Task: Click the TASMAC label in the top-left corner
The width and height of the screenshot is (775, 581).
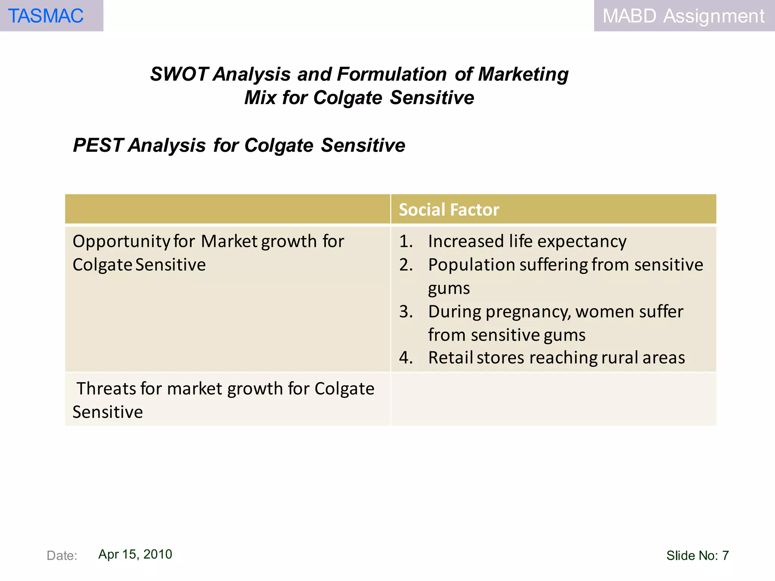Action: (x=45, y=16)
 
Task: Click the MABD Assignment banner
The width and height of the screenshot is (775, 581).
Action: (x=683, y=16)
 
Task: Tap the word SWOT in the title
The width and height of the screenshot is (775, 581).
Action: (x=179, y=74)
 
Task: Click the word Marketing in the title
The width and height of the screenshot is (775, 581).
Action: (x=523, y=74)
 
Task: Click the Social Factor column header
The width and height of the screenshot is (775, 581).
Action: (x=449, y=210)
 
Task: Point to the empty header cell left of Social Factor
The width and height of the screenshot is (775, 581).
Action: (x=227, y=209)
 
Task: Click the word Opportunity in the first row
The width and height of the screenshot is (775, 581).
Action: (x=121, y=241)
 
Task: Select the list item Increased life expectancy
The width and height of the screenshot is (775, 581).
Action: (x=527, y=241)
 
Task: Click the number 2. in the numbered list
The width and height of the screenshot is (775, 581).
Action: (x=406, y=265)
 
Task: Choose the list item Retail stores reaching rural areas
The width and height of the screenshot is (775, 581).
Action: (x=556, y=358)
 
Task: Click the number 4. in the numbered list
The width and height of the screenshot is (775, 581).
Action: (x=406, y=358)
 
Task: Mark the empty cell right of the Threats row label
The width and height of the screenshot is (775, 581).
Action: (x=553, y=399)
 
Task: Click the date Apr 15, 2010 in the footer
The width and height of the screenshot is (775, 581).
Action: (x=135, y=554)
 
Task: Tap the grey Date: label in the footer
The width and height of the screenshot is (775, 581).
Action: (x=62, y=555)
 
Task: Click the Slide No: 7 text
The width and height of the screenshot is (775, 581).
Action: (x=697, y=555)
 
